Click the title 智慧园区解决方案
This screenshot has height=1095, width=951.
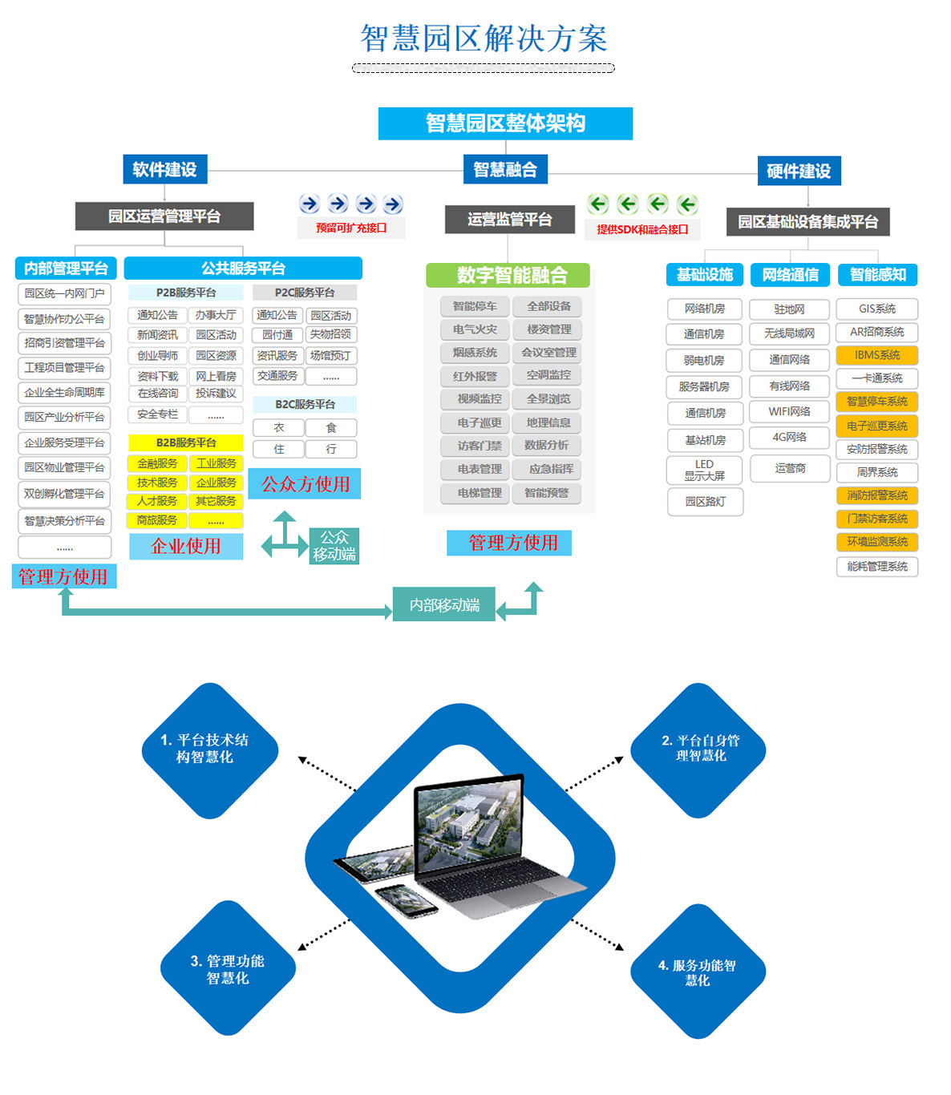point(484,38)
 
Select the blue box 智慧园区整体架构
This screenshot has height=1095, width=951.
point(505,123)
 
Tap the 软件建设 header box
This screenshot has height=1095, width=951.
point(164,169)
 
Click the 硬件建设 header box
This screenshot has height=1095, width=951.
point(799,171)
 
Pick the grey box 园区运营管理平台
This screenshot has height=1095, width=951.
point(164,216)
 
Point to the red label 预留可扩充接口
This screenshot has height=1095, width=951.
point(351,228)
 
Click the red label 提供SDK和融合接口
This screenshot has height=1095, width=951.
point(642,229)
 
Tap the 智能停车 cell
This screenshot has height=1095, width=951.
point(475,306)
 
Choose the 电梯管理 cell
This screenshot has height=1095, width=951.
point(480,493)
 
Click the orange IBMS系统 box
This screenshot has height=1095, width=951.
point(876,355)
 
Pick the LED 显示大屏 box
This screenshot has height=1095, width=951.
point(704,470)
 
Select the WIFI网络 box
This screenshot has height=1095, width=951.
point(789,411)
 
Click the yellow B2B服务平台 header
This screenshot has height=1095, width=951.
point(186,442)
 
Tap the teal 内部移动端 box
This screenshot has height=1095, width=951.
point(444,605)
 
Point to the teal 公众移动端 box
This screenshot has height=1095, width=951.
point(334,546)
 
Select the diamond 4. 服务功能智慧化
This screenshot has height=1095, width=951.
point(698,972)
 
